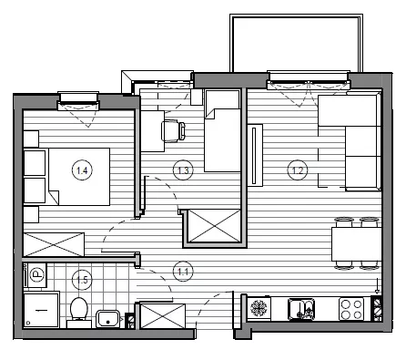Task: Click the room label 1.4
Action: tap(82, 170)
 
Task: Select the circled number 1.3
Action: tap(183, 170)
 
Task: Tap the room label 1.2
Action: tap(298, 170)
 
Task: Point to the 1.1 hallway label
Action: tap(183, 272)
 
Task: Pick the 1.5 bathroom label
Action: tap(82, 280)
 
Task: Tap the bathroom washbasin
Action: tap(107, 319)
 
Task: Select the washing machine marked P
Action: tap(36, 275)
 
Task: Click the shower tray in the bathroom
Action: tap(41, 309)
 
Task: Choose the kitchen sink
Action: tap(301, 309)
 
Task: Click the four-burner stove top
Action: tap(351, 309)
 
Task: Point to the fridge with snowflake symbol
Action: tap(259, 308)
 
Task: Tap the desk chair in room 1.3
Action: tap(174, 131)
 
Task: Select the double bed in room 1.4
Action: tap(79, 177)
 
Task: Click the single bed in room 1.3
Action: tap(223, 130)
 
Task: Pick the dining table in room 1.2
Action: tap(356, 244)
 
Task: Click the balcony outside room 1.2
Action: tap(296, 43)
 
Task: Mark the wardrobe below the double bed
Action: tap(54, 244)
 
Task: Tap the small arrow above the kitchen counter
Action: tap(377, 286)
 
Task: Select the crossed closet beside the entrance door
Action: tap(163, 316)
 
